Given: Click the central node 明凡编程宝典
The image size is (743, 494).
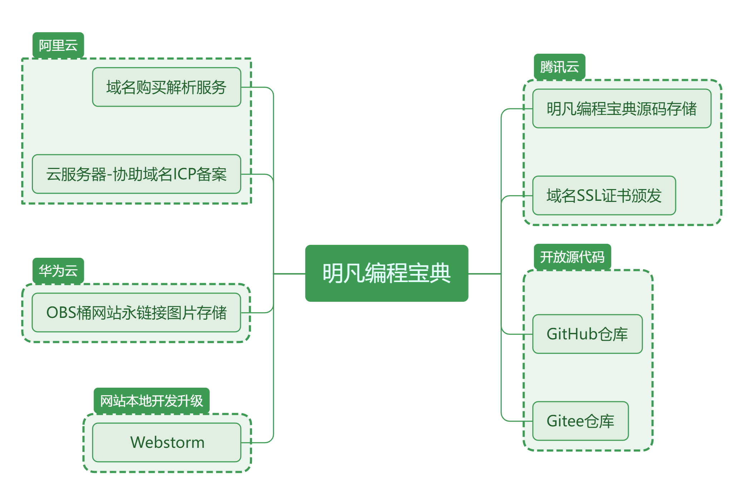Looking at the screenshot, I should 387,273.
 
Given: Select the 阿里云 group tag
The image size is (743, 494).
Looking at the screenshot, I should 58,45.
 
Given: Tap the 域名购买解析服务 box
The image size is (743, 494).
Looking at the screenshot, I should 166,87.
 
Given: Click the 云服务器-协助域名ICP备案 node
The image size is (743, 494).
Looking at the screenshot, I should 136,174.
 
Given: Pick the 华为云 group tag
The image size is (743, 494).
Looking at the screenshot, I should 58,271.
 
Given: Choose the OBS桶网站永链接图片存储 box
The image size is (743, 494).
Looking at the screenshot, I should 136,313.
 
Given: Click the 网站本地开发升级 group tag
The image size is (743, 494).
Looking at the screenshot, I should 151,401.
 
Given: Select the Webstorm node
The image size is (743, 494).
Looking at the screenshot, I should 167,442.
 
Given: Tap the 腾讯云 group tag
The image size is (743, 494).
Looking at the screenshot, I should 559,67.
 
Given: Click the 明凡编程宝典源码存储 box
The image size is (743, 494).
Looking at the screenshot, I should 622,108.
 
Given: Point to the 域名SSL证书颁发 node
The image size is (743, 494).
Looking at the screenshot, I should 604,195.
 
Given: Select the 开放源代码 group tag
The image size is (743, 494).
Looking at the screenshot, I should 572,257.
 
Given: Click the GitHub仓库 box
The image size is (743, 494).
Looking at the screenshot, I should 587,334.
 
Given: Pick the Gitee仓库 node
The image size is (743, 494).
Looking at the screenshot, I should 581,421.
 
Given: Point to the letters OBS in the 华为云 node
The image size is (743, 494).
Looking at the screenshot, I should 61,313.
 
